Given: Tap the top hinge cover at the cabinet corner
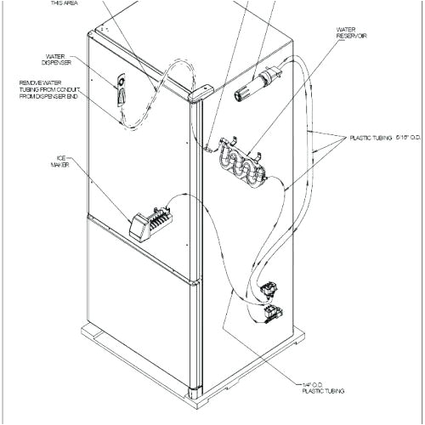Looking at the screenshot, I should tap(201, 93).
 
